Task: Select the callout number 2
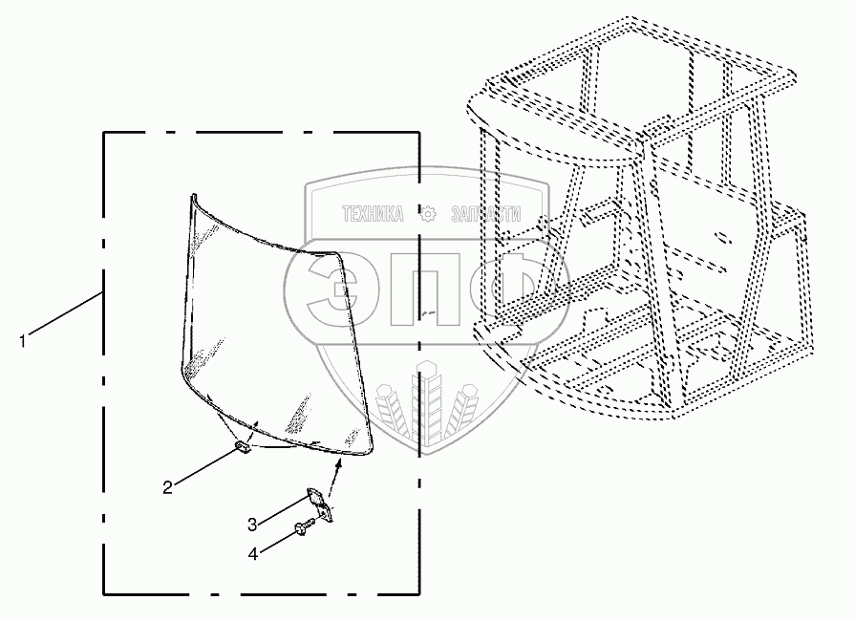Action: [x=167, y=487]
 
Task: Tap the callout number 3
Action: [x=252, y=524]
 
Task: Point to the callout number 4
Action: [x=252, y=552]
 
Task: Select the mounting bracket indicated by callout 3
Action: [x=318, y=504]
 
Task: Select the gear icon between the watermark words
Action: [x=427, y=214]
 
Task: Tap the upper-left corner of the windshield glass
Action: [x=193, y=199]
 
